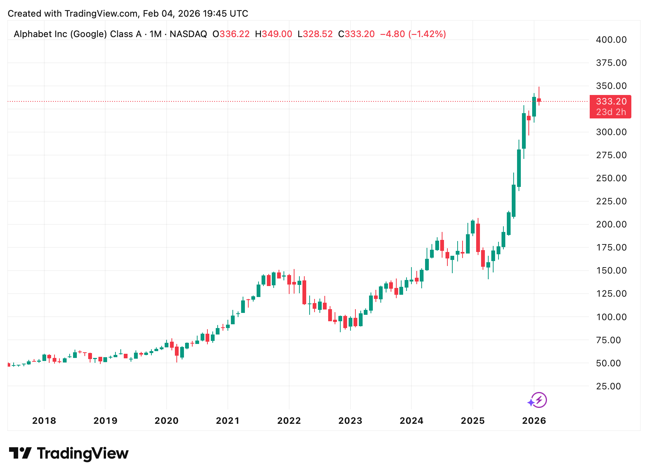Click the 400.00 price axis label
[611, 40]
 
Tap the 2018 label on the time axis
[44, 421]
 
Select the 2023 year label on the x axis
[350, 421]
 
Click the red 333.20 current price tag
[611, 101]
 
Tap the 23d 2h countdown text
[611, 112]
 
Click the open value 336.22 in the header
[235, 34]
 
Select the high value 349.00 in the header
[277, 34]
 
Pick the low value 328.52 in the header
[318, 34]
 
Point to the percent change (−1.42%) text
[427, 34]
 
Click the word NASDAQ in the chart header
[188, 34]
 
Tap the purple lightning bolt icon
[539, 400]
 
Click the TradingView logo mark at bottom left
[20, 453]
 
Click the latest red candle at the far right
[539, 100]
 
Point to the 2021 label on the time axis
[227, 421]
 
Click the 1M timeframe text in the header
[156, 34]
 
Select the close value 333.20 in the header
[360, 34]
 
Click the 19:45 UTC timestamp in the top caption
[226, 14]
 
